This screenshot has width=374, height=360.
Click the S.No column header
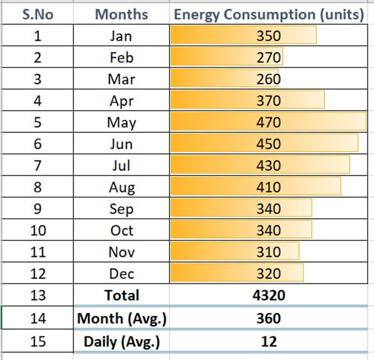coord(38,14)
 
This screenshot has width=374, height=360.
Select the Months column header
coord(122,14)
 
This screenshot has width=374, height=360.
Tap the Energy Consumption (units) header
coord(269,14)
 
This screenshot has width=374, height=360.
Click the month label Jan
coord(121,36)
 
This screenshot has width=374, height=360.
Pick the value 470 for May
coord(269,123)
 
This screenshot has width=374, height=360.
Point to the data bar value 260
coord(269,79)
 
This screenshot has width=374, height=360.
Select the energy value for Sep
coord(269,209)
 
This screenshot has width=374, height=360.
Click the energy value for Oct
coord(269,231)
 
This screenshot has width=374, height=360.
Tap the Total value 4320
coord(269,296)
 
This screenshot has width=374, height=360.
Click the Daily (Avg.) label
coord(122,341)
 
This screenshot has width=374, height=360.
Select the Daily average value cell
coord(269,341)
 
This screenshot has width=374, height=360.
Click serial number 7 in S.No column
coord(38,166)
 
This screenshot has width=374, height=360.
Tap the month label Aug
coord(122,188)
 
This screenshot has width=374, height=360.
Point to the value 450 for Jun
coord(269,144)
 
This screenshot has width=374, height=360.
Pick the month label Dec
coord(122,274)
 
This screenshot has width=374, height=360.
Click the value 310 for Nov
coord(269,252)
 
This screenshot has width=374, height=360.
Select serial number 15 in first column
coord(38,341)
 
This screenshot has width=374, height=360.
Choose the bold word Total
coord(122,296)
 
